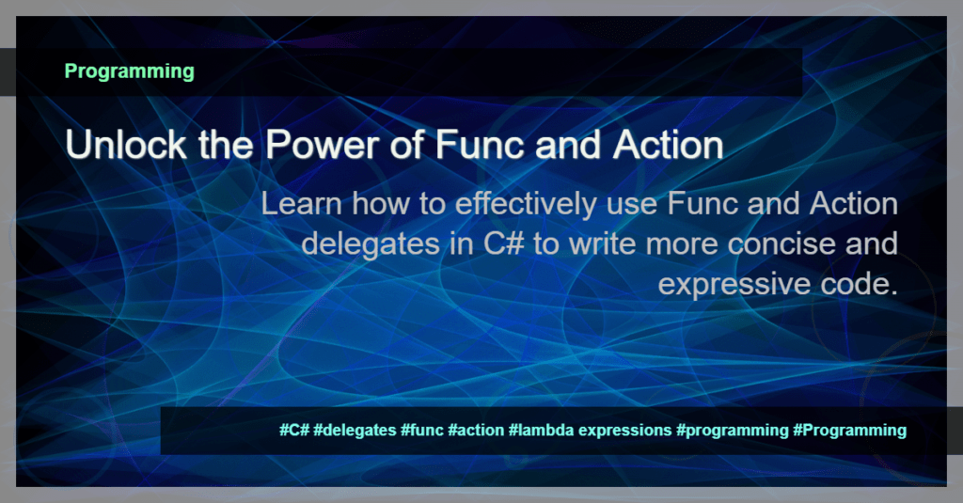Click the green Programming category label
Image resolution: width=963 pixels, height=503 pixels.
pyautogui.click(x=129, y=71)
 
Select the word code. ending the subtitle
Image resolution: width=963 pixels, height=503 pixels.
pyautogui.click(x=855, y=283)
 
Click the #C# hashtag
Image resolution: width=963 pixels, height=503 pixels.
pyautogui.click(x=294, y=431)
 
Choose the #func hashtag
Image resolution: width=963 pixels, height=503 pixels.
pyautogui.click(x=421, y=431)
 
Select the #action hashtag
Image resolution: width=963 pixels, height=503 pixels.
pyautogui.click(x=476, y=431)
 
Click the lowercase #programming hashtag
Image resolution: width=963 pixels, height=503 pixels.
pyautogui.click(x=732, y=431)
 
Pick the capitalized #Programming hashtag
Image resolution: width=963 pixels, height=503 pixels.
pyautogui.click(x=849, y=431)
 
